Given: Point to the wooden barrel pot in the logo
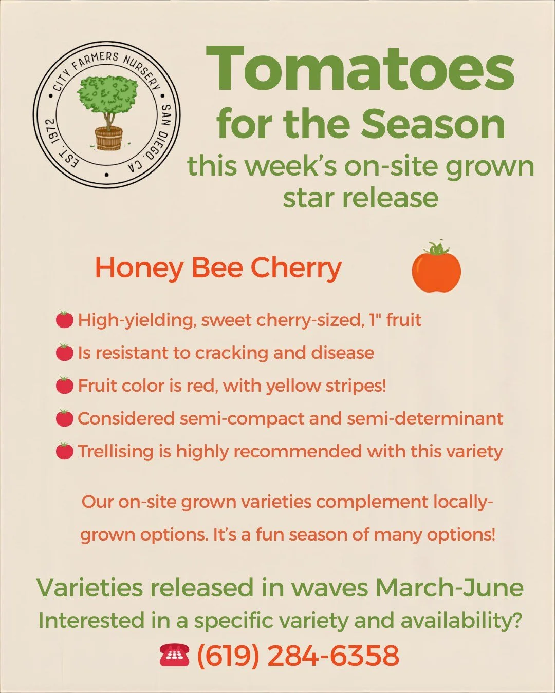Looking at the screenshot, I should pyautogui.click(x=108, y=138).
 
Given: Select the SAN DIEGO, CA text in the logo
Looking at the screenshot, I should pyautogui.click(x=154, y=139).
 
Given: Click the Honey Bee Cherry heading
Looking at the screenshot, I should pyautogui.click(x=218, y=268).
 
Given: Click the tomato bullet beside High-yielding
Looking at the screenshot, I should pyautogui.click(x=64, y=320).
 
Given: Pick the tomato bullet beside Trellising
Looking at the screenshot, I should pyautogui.click(x=64, y=451).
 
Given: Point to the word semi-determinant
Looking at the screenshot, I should pyautogui.click(x=425, y=418).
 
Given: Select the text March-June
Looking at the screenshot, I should pyautogui.click(x=449, y=588).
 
